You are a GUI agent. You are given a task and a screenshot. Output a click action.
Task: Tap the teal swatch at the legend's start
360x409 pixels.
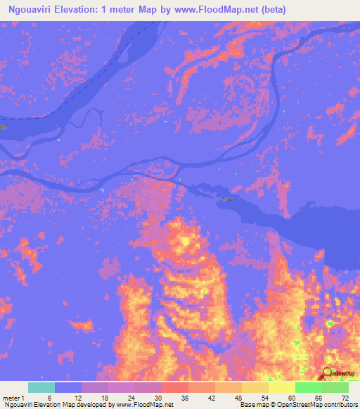pyautogui.click(x=41, y=387)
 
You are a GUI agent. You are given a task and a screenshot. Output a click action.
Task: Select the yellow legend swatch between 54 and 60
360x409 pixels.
pyautogui.click(x=282, y=387)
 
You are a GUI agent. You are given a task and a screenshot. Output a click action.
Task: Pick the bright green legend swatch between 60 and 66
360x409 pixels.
pyautogui.click(x=309, y=387)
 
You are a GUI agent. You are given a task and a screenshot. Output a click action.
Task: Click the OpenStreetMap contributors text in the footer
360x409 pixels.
pyautogui.click(x=314, y=405)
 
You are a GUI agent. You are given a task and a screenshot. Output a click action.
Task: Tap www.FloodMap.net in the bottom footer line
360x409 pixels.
pyautogui.click(x=146, y=405)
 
